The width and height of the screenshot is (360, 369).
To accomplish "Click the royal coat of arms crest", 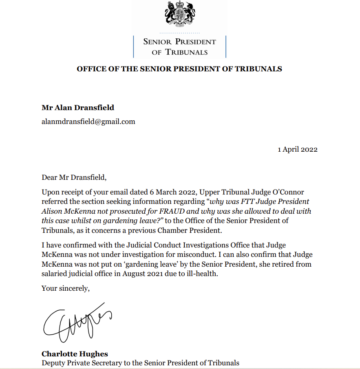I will pos(180,13).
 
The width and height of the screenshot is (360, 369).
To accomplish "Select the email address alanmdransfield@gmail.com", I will pos(88,122).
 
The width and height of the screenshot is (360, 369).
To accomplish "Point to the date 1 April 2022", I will pos(298,149).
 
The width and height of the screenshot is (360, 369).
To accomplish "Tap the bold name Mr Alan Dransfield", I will pos(78,108).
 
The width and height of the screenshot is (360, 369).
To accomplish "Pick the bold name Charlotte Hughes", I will pos(75,354).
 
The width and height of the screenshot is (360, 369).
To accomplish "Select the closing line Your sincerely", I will pos(65,288).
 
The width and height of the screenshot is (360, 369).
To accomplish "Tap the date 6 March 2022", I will pos(169,192).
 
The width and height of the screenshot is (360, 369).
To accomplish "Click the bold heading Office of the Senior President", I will pos(179,69).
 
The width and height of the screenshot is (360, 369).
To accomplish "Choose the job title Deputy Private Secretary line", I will pos(140,362).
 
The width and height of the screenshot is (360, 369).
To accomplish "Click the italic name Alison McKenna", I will pos(64,211).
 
